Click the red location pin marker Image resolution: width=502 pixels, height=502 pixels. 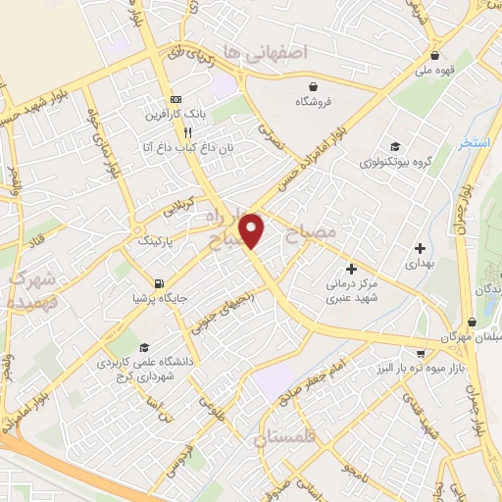click(x=253, y=229)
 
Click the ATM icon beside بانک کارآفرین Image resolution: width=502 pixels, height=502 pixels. click(x=176, y=100)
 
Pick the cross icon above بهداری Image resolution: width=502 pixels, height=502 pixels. click(x=420, y=249)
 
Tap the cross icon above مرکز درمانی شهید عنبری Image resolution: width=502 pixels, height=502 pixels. click(x=351, y=269)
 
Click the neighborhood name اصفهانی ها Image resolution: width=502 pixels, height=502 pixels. click(x=265, y=50)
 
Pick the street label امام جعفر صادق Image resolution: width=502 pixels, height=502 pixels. click(x=344, y=374)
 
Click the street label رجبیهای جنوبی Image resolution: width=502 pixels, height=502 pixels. click(x=221, y=310)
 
